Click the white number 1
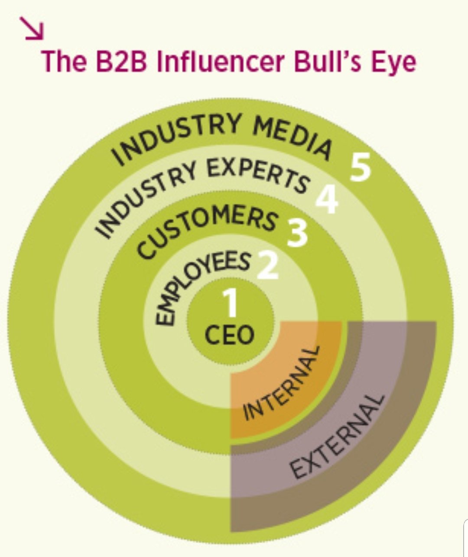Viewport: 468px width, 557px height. tap(231, 303)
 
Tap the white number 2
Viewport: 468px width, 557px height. tap(268, 266)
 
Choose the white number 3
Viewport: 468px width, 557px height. tap(297, 233)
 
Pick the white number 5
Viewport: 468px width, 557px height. tap(361, 167)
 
